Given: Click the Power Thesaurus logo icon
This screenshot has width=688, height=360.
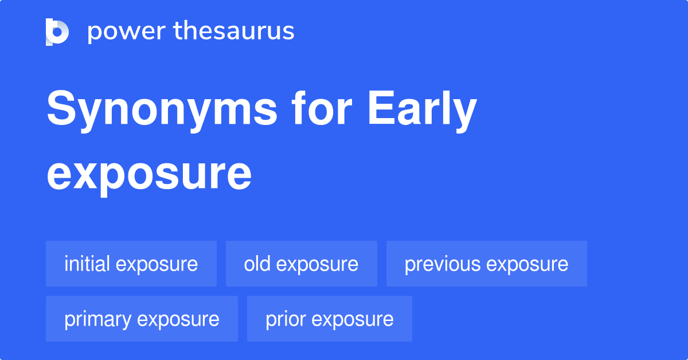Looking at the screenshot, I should [x=57, y=32].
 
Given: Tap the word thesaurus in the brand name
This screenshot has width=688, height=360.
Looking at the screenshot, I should [x=234, y=32].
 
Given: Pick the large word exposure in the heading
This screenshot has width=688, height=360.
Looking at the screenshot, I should [x=149, y=174].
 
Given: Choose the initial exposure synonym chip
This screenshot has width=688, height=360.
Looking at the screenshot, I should [x=131, y=264].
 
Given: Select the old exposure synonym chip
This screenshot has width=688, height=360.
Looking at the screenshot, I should [x=301, y=264].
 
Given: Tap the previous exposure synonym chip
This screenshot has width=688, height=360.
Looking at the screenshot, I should [x=486, y=264].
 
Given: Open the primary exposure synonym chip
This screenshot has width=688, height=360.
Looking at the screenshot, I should [x=142, y=319].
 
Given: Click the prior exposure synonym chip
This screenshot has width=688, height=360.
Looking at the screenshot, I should [x=329, y=319].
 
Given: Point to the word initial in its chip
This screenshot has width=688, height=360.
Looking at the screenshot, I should [x=87, y=264].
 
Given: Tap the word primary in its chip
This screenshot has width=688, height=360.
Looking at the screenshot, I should [x=97, y=319].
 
